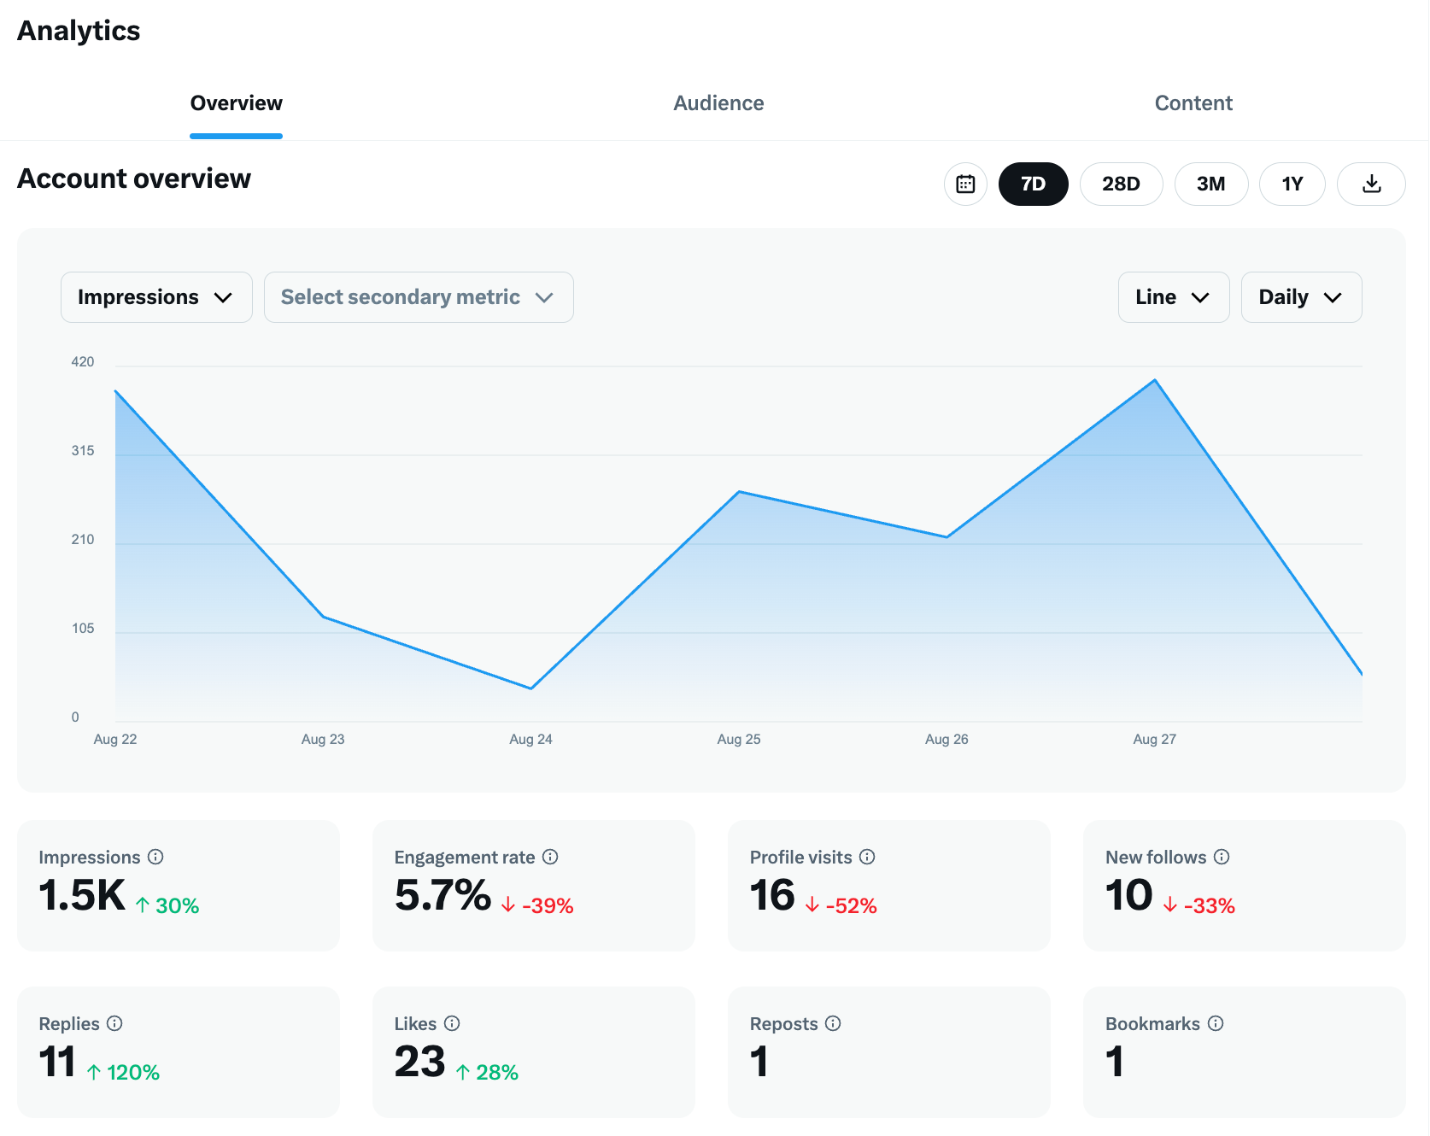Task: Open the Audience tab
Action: click(x=718, y=103)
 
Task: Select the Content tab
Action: click(x=1193, y=103)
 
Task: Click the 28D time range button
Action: click(x=1121, y=184)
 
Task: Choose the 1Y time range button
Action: click(x=1292, y=184)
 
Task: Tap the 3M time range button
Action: click(x=1210, y=184)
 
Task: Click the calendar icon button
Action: click(x=965, y=184)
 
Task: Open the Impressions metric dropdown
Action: click(x=156, y=297)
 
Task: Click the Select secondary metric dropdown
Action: click(x=419, y=297)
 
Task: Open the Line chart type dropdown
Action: click(x=1173, y=297)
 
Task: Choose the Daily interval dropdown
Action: click(x=1300, y=297)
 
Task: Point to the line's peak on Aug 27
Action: click(x=1155, y=380)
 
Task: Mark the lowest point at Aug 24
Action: click(x=531, y=688)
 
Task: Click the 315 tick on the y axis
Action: click(x=83, y=451)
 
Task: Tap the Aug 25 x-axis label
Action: click(x=739, y=740)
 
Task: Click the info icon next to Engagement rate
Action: click(x=550, y=857)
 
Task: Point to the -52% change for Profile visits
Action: click(x=851, y=906)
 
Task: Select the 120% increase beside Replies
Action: click(x=132, y=1073)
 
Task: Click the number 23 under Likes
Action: click(x=419, y=1062)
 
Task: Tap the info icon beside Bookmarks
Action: click(x=1216, y=1023)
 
